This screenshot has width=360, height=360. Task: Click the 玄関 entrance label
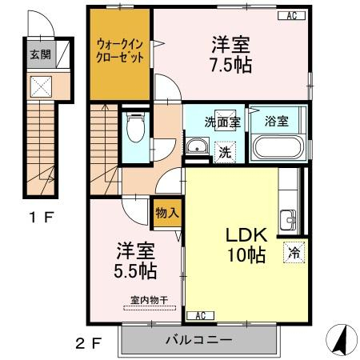[x=41, y=54]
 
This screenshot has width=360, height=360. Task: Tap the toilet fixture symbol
[x=136, y=127]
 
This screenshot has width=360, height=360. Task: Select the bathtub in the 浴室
[x=278, y=147]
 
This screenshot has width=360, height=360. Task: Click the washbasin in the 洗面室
[x=197, y=146]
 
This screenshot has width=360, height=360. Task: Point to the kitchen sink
[x=288, y=220]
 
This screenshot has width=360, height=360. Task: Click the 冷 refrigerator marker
[x=294, y=253]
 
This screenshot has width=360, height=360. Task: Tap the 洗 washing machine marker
[x=225, y=152]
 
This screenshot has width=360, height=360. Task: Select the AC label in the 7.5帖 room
[x=291, y=16]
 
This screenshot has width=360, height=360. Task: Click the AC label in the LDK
[x=201, y=316]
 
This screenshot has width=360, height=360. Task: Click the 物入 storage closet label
[x=167, y=213]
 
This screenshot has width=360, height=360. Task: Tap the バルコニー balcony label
[x=199, y=340]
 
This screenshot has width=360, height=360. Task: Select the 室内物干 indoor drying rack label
[x=150, y=300]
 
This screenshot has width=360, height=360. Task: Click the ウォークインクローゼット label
[x=120, y=50]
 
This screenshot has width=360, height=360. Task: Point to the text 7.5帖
[x=231, y=66]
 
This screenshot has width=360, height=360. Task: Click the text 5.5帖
[x=135, y=271]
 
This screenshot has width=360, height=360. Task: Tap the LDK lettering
[x=246, y=235]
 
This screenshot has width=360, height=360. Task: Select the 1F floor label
[x=42, y=217]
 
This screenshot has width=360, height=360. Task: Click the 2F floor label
[x=89, y=343]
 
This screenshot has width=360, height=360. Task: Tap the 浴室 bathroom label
[x=277, y=122]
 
